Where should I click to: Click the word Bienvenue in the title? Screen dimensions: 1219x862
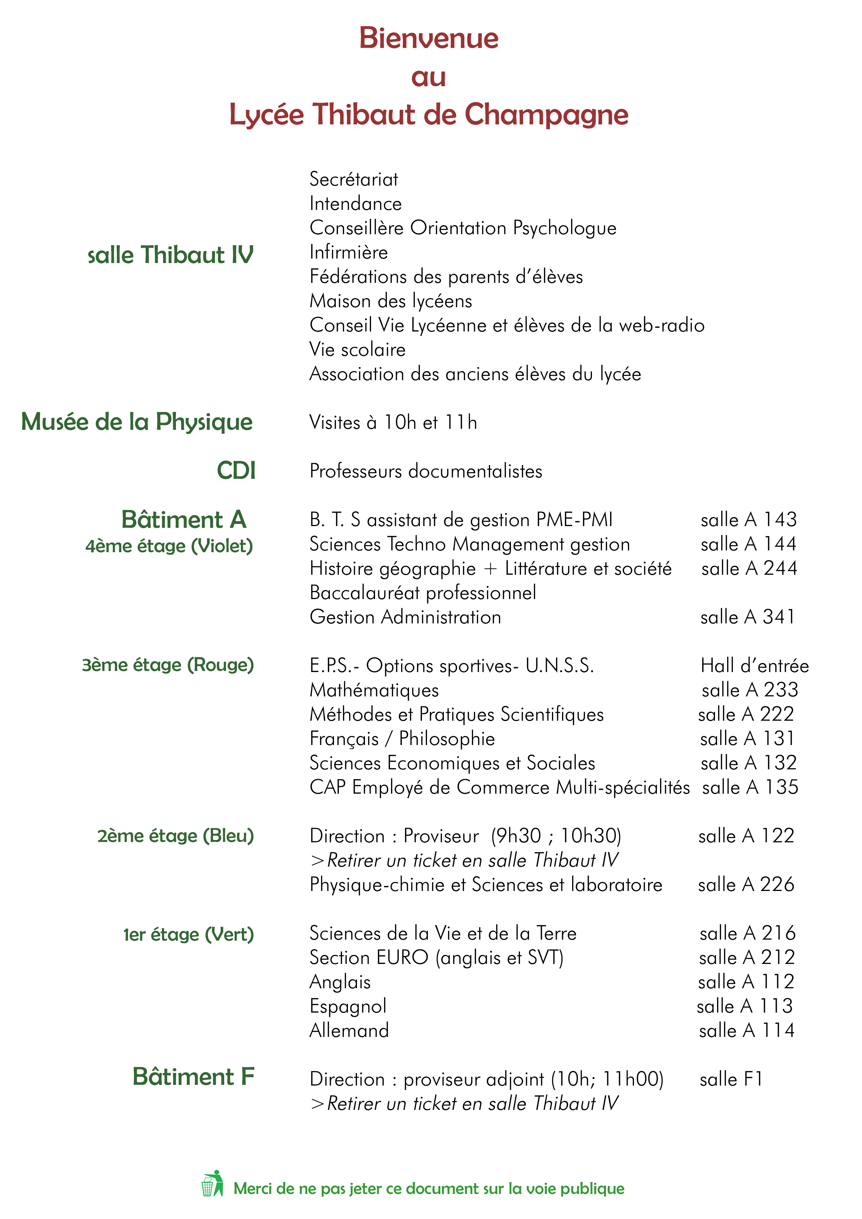tap(429, 38)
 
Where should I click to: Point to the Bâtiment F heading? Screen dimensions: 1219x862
tap(193, 1077)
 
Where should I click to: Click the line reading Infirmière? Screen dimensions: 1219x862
tap(348, 252)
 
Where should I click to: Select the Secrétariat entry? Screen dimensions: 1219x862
tap(354, 179)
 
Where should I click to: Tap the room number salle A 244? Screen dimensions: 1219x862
tap(749, 568)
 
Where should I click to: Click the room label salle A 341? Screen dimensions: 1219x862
tap(747, 617)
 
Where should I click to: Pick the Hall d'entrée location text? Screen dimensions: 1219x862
tap(754, 666)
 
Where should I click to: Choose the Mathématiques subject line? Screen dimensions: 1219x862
tap(374, 690)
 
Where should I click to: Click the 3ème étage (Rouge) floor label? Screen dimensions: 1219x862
tap(168, 665)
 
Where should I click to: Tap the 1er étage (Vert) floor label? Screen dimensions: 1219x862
tap(188, 934)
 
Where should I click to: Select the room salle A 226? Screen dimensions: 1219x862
tap(746, 884)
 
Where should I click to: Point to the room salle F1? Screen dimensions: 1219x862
tap(731, 1079)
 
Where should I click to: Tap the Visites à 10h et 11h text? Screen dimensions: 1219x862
tap(393, 423)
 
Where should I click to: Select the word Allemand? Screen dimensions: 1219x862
tap(349, 1031)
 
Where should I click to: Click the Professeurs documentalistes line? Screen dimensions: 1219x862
tap(425, 472)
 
